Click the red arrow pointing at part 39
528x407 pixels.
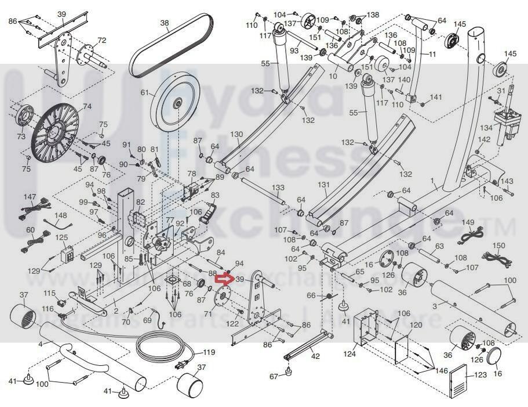coord(223,279)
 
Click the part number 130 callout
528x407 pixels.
coord(236,135)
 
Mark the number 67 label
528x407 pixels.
coord(275,376)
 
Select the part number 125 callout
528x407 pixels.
coord(61,237)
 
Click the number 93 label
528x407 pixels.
coord(294,51)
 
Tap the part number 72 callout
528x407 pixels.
coord(102,41)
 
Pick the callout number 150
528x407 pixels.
coord(498,246)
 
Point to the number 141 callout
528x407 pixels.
coord(436,97)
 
